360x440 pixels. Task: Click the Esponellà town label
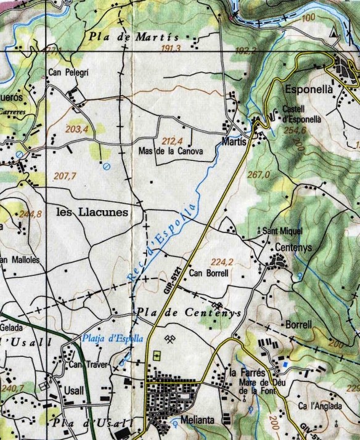309,89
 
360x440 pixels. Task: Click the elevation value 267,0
258,175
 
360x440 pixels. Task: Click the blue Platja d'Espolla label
112,338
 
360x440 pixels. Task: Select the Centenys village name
293,245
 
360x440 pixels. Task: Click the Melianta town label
197,420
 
